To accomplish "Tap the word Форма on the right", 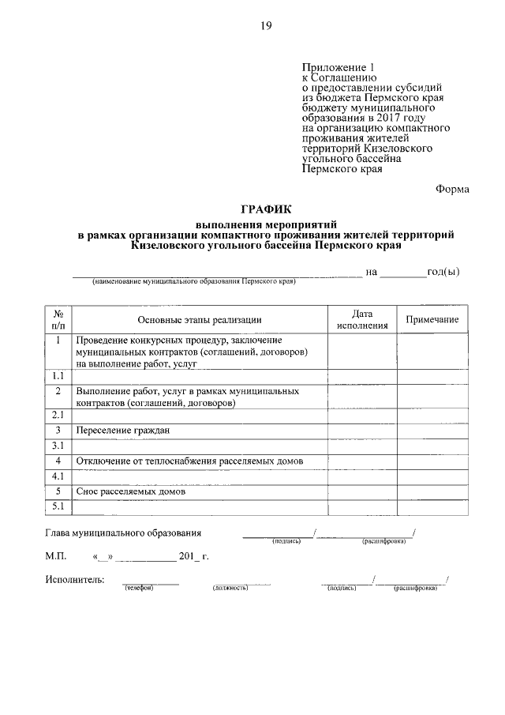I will click(452, 189).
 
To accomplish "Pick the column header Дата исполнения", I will click(362, 319).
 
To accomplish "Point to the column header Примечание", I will click(432, 319).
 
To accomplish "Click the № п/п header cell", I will click(58, 319).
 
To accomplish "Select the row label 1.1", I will click(58, 377).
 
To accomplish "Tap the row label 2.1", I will click(58, 415).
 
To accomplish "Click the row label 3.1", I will click(58, 446).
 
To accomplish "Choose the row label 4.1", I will click(58, 476).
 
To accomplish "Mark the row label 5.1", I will click(58, 506).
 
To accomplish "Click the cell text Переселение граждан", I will click(123, 431).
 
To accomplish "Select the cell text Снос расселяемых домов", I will click(131, 491).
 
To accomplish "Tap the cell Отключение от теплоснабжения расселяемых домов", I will click(190, 461).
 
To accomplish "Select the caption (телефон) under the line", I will click(138, 589).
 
